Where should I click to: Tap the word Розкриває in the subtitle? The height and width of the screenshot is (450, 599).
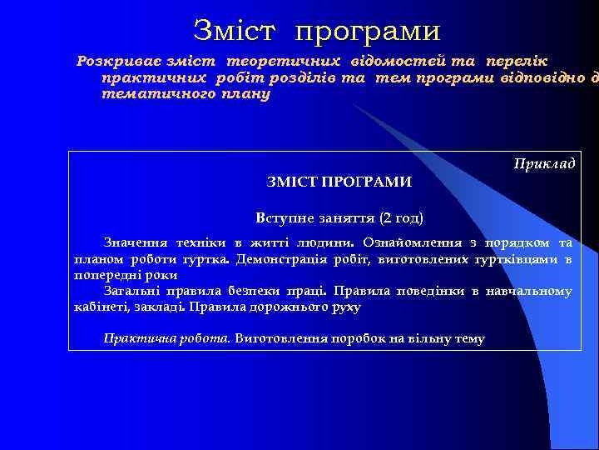pos(116,61)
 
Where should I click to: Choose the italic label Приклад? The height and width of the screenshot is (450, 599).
pos(544,163)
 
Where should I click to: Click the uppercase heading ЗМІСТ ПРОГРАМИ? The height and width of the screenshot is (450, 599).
pos(339,182)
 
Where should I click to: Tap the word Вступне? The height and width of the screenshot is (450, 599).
pos(285,219)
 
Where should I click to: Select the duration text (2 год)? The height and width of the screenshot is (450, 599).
pos(401,219)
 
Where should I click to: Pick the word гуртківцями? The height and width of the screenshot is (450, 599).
pos(518,259)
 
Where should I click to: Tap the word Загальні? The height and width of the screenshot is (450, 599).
pos(133,291)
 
